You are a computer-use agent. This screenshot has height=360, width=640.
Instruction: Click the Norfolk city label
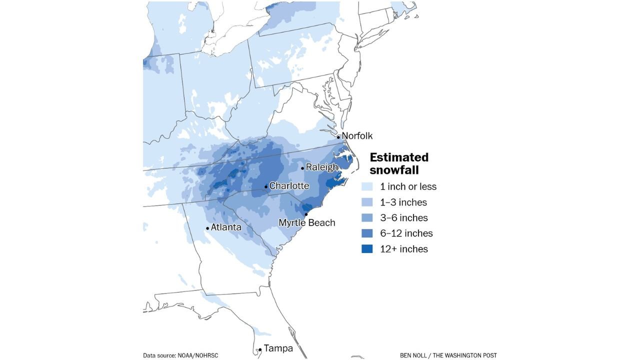tap(357, 136)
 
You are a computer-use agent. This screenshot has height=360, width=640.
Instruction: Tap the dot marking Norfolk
tap(338, 137)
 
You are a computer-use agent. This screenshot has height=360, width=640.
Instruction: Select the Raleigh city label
tap(322, 167)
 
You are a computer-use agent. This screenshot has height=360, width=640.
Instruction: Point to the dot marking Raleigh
tap(302, 168)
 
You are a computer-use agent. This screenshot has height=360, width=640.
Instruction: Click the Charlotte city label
tap(289, 186)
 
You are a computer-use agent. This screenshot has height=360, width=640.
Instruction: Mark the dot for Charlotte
tap(266, 187)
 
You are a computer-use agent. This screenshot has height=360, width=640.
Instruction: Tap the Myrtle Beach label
tap(306, 223)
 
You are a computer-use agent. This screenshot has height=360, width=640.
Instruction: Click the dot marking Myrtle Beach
tap(306, 214)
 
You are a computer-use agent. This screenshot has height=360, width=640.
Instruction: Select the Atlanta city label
tap(226, 227)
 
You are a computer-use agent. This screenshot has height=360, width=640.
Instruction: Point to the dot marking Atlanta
tap(207, 228)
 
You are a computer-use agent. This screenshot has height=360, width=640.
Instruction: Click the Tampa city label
tap(278, 348)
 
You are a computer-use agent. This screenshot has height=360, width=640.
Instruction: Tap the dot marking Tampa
tap(260, 350)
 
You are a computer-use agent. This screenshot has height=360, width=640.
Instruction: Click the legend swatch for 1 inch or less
tap(367, 187)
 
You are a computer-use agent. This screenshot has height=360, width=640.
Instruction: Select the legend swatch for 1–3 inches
tap(367, 202)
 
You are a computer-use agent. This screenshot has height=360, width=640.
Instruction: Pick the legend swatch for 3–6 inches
tap(367, 218)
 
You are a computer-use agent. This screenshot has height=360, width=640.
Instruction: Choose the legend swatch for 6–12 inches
tap(367, 233)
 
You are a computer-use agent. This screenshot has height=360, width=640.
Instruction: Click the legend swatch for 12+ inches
tap(367, 249)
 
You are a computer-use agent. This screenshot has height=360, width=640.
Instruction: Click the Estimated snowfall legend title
tap(399, 163)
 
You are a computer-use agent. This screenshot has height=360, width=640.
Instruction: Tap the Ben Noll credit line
tap(448, 355)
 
